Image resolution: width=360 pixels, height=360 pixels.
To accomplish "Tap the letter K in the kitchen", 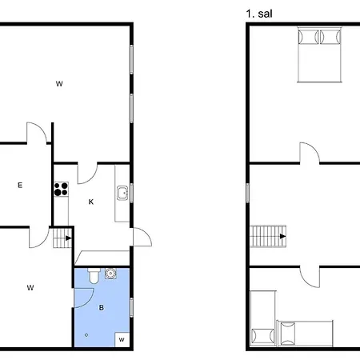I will [x=91, y=202].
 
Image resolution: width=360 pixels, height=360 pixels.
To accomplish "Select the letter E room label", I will [x=20, y=186].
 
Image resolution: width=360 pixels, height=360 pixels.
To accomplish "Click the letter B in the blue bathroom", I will [x=102, y=306].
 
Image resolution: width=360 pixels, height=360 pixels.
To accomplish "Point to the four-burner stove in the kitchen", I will [x=60, y=190].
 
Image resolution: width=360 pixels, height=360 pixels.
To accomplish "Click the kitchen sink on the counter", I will [x=122, y=193].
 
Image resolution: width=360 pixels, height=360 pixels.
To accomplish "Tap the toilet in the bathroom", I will [x=94, y=275].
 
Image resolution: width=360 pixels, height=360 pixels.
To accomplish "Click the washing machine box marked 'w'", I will [x=122, y=339].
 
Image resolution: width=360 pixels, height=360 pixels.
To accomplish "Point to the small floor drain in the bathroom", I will [x=85, y=335].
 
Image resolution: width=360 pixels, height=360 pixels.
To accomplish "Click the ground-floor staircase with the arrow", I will [x=62, y=237].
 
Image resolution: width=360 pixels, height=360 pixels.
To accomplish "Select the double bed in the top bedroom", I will [x=321, y=54].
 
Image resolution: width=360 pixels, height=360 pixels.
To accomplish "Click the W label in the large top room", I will [x=59, y=83].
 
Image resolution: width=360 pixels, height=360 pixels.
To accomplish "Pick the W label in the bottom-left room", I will [x=30, y=287].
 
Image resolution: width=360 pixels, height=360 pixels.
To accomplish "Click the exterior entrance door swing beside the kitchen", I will [x=141, y=238].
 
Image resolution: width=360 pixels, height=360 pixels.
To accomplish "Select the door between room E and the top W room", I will [x=36, y=134].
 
